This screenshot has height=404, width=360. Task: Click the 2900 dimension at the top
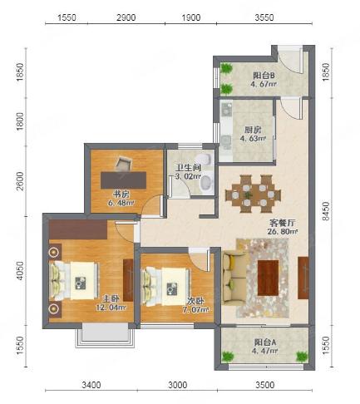tap(126, 17)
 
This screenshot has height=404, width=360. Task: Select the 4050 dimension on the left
tap(20, 271)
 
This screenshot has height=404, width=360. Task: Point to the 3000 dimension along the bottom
tap(177, 385)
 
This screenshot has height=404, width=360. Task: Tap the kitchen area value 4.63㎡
tap(253, 138)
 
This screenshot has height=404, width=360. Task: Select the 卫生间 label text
tap(189, 168)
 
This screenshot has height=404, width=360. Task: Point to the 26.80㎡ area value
tap(283, 231)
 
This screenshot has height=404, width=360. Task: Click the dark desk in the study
tap(124, 180)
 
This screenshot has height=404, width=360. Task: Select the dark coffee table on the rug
tap(268, 278)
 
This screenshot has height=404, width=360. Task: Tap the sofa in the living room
tap(232, 278)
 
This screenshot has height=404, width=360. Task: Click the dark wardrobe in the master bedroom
tap(78, 229)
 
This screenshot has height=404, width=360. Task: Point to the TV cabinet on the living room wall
tap(303, 278)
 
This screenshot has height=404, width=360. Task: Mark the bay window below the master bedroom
tap(106, 336)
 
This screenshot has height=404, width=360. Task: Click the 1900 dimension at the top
tap(191, 17)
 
